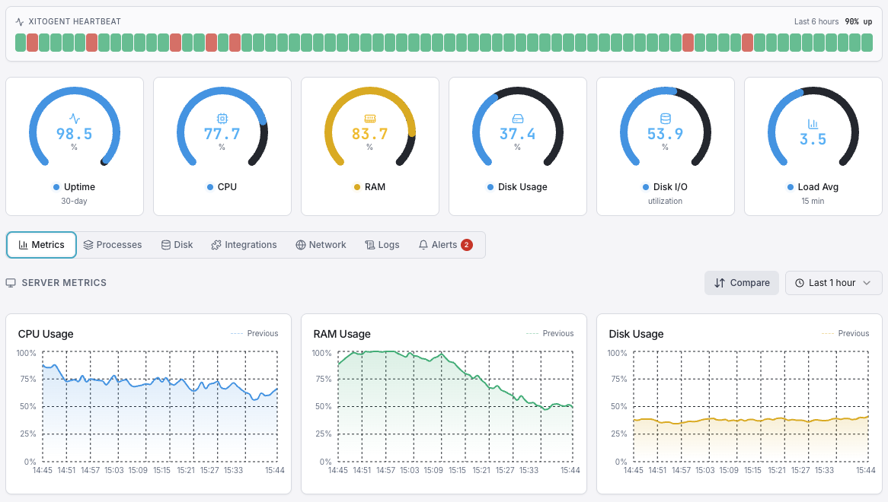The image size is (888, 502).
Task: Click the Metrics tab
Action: [x=42, y=245]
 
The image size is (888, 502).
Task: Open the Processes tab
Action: [x=113, y=245]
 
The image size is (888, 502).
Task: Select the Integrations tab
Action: [x=244, y=245]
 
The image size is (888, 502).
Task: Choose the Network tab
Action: [x=321, y=245]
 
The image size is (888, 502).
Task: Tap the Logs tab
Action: [x=382, y=245]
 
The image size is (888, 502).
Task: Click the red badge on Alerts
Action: [x=467, y=245]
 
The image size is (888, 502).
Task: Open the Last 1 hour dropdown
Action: [x=833, y=283]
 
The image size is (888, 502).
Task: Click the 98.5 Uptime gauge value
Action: [x=74, y=135]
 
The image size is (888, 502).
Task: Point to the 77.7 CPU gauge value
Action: [x=222, y=135]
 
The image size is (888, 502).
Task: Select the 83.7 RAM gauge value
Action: [x=369, y=135]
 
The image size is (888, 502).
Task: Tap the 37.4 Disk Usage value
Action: [x=517, y=135]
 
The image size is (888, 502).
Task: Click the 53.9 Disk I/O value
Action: [x=665, y=135]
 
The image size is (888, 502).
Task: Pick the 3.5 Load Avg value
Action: [x=813, y=140]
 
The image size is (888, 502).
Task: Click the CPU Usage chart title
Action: [x=46, y=334]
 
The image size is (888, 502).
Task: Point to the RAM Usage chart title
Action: [x=342, y=334]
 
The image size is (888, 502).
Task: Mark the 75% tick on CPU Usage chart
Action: [x=27, y=380]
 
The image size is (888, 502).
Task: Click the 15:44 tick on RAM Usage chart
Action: [x=569, y=471]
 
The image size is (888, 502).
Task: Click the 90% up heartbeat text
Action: [x=858, y=22]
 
